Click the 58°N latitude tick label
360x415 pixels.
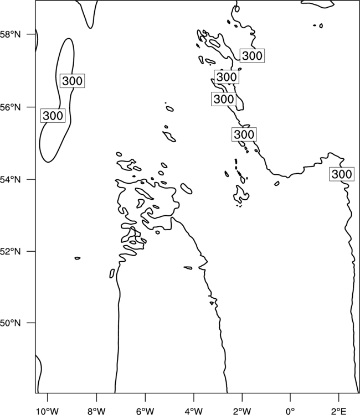[11, 34]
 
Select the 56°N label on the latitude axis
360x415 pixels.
[11, 107]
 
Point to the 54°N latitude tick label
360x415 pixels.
[11, 179]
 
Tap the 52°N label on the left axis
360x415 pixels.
[11, 251]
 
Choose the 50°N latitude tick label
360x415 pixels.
[11, 323]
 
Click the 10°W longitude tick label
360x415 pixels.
[48, 411]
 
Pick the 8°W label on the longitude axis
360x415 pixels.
[96, 411]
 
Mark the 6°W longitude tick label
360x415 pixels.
[145, 411]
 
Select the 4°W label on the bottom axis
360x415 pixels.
[194, 411]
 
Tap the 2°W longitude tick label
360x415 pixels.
[242, 411]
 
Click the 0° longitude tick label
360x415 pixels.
[290, 411]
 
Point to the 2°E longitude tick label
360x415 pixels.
[338, 411]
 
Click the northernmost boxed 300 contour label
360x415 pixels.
[252, 56]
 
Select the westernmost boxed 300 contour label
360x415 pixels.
[53, 116]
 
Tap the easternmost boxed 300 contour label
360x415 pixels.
[342, 174]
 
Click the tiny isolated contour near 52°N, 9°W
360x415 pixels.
[78, 258]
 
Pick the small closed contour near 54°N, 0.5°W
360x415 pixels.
[277, 183]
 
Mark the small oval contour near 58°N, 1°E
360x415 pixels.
[321, 25]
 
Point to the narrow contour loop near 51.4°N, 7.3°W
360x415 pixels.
[112, 273]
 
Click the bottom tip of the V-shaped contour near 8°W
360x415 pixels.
[91, 28]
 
